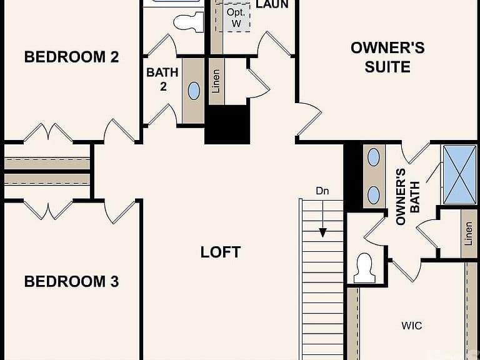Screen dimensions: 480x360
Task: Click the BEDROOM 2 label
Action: tap(71, 57)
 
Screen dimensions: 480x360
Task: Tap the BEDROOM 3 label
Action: tap(71, 282)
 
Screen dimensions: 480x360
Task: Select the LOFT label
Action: tap(221, 252)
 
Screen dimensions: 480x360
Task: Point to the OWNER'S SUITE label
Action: tap(387, 57)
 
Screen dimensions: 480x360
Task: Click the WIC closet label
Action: tap(412, 326)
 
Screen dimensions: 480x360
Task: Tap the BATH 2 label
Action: tap(162, 79)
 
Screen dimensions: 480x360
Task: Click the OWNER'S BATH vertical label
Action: tap(407, 197)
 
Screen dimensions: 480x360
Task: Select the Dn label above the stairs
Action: tap(322, 191)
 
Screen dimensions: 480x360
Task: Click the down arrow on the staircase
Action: tap(322, 219)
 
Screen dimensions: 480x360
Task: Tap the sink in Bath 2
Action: tap(194, 91)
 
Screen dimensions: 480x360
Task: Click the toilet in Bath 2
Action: tap(189, 22)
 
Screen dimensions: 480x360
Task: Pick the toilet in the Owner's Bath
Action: tap(364, 268)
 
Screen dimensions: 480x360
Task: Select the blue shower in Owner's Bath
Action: tap(460, 174)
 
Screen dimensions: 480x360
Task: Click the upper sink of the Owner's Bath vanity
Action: tap(374, 157)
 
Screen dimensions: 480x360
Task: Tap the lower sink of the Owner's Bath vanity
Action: tap(374, 195)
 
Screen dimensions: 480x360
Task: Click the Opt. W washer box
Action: tap(236, 17)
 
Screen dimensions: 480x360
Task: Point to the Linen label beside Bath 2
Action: tap(216, 81)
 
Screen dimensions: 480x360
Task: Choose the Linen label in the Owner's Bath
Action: tap(468, 234)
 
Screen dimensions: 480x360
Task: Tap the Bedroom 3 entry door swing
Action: tap(120, 211)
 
